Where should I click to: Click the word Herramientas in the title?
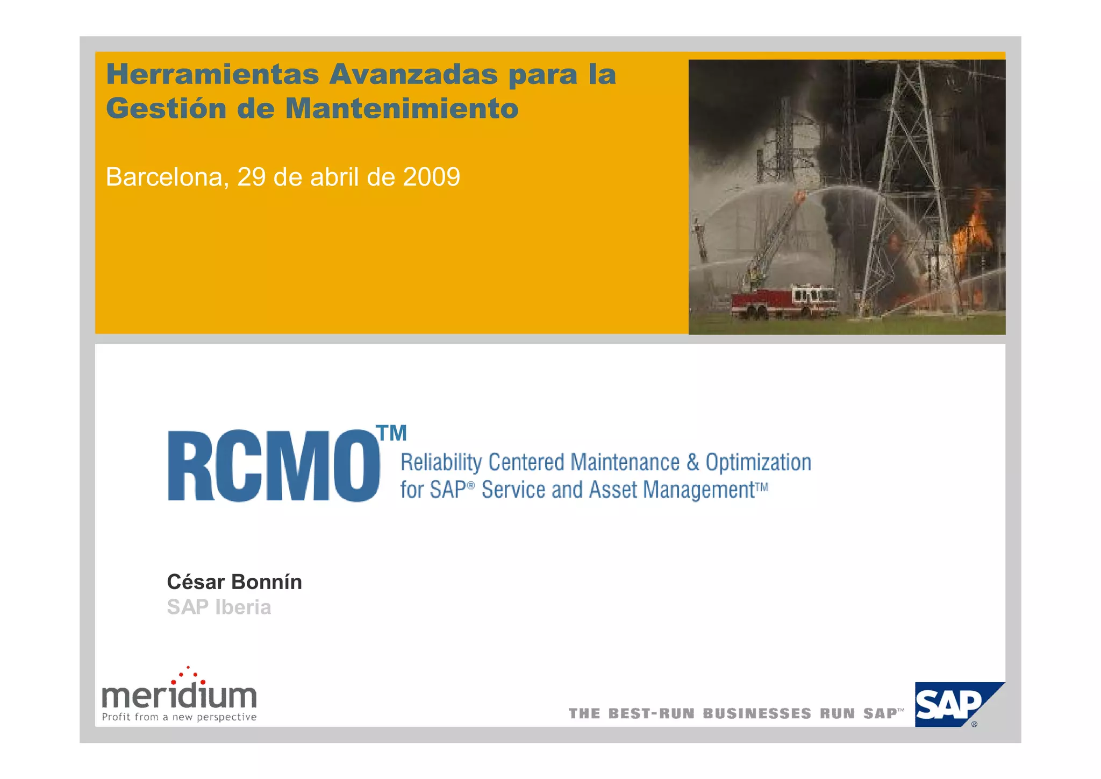point(212,74)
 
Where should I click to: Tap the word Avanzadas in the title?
point(414,74)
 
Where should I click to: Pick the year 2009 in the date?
point(431,177)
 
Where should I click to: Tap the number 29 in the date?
point(251,177)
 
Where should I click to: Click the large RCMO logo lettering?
point(273,466)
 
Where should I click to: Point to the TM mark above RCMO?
point(392,433)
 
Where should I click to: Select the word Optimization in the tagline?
point(758,463)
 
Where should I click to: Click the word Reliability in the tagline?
point(441,463)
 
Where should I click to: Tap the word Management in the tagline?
point(699,490)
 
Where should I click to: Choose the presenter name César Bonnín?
point(234,582)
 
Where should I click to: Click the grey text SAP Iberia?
point(219,607)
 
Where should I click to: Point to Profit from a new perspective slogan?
point(179,717)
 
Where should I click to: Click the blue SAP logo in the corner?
point(952,705)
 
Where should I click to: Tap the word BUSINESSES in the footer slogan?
point(757,714)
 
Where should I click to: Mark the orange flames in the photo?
point(973,231)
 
